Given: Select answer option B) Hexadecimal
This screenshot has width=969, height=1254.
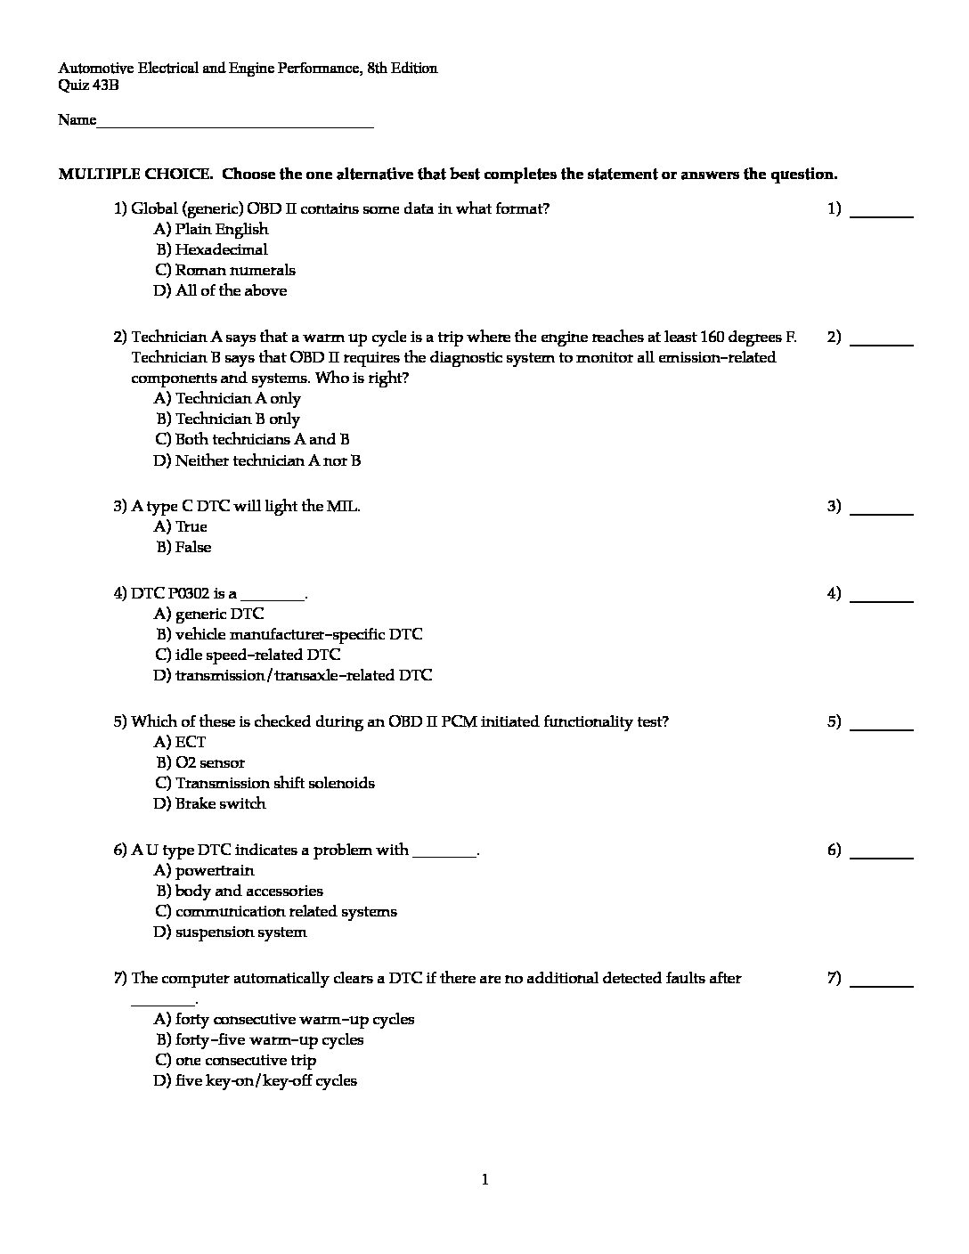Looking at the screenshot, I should click(x=212, y=250).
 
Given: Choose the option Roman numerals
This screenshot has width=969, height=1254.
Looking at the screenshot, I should click(x=225, y=271).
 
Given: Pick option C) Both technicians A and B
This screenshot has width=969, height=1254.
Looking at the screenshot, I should click(x=252, y=440).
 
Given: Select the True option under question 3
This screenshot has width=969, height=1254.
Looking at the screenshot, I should click(x=181, y=527).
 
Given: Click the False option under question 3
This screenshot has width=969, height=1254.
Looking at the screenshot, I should click(x=183, y=548).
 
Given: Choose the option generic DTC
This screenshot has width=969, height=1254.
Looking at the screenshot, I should click(x=209, y=615).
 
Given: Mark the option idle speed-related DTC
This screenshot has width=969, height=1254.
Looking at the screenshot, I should click(x=248, y=655).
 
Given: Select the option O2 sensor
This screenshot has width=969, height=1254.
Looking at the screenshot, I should click(x=200, y=763).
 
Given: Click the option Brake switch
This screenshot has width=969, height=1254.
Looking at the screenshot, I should click(x=210, y=804).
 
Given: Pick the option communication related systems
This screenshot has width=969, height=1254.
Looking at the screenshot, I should click(x=276, y=912).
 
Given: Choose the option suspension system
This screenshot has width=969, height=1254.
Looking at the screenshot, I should click(x=231, y=932).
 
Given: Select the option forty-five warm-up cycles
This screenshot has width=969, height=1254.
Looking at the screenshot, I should click(x=260, y=1040).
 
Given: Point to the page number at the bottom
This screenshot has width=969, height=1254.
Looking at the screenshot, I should click(x=484, y=1181).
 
